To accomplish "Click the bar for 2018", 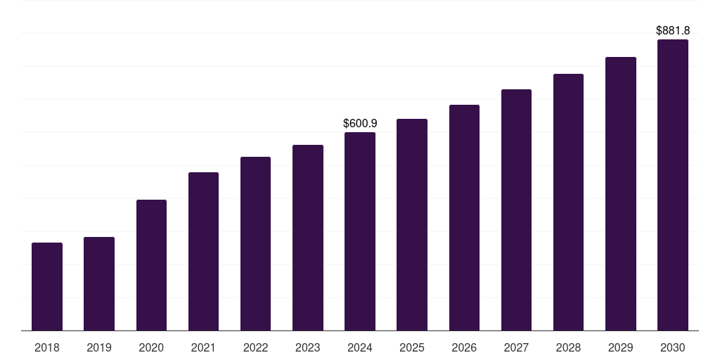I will click(x=47, y=287).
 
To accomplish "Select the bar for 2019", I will click(x=99, y=284).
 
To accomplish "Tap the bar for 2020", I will click(x=151, y=265).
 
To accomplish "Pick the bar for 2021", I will click(x=203, y=252).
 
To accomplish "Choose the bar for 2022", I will click(x=255, y=244).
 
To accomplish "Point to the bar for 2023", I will click(x=308, y=238).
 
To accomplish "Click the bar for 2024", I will click(x=360, y=231).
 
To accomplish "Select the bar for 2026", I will click(x=464, y=218).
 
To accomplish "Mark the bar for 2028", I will click(x=568, y=202).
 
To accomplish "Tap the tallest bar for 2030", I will click(x=673, y=185).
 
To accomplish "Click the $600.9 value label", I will click(x=360, y=123).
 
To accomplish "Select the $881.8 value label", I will click(x=673, y=30).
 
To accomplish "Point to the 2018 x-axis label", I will click(x=47, y=347).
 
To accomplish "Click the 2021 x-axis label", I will click(x=203, y=347).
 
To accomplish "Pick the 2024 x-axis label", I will click(x=360, y=347).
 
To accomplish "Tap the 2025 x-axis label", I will click(x=412, y=347).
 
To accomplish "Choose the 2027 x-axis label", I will click(x=516, y=347).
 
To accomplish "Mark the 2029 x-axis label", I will click(x=621, y=347).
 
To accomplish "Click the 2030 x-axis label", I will click(x=673, y=347).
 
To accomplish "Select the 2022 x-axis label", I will click(x=255, y=347).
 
